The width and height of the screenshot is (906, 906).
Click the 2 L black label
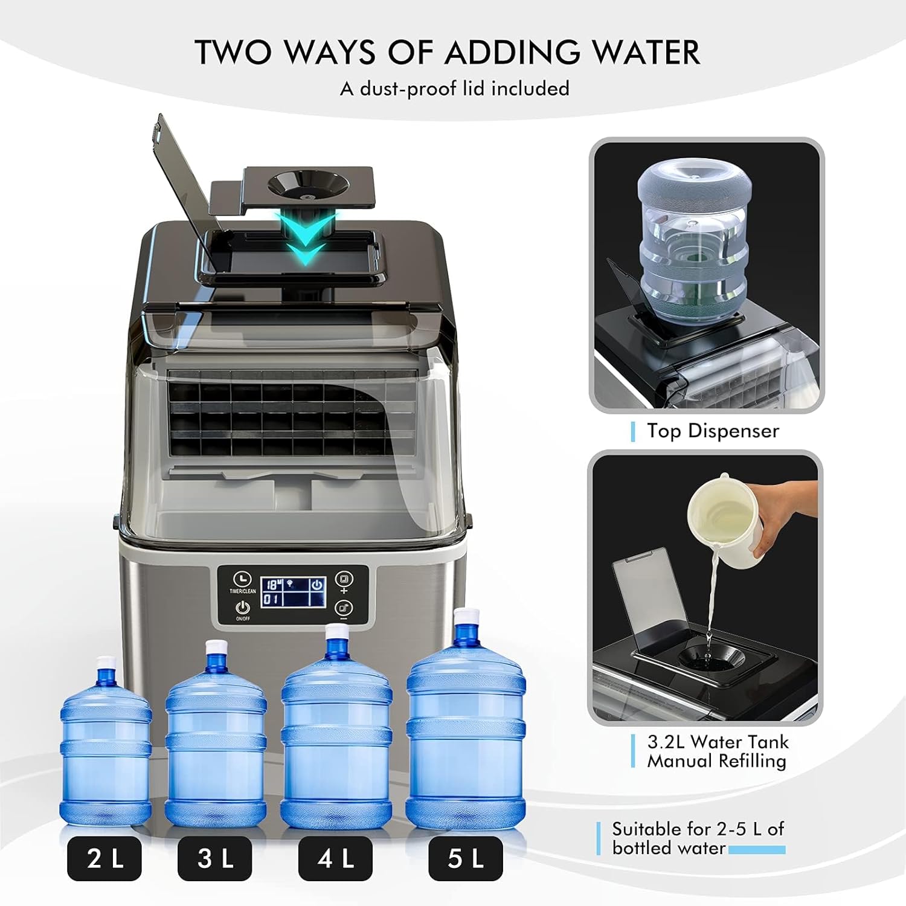tap(104, 858)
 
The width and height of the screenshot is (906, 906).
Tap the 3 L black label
tap(214, 858)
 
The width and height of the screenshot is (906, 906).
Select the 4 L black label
tap(335, 858)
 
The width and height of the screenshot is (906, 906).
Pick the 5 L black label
tap(465, 858)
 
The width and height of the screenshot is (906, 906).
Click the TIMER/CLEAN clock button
tap(243, 578)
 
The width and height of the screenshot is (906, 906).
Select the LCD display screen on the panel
tap(294, 591)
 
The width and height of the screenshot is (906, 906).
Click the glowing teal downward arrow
tap(306, 239)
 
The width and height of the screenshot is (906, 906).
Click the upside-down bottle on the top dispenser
tap(695, 242)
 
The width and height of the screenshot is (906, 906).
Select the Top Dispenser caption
tap(713, 431)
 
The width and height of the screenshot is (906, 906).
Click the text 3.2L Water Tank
tap(718, 742)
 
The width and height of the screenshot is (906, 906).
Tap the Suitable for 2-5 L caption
tap(698, 829)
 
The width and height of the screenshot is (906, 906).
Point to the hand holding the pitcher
tap(785, 513)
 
